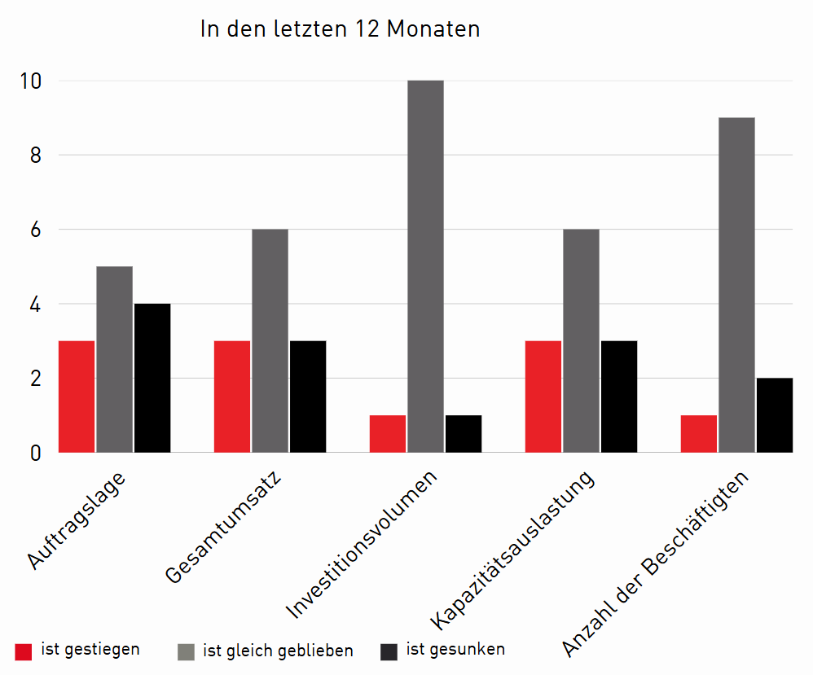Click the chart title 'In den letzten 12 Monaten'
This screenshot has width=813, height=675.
point(340,29)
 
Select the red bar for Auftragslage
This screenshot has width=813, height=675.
point(77,397)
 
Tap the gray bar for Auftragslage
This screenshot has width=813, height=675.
point(114,359)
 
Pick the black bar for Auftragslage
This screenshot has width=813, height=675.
point(152,378)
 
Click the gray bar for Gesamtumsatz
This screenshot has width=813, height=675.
point(270,340)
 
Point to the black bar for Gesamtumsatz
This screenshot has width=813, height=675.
point(308,397)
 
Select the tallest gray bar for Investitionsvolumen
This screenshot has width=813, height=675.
point(425,266)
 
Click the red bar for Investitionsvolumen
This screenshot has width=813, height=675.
point(388,434)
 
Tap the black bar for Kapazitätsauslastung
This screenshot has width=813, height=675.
point(619,397)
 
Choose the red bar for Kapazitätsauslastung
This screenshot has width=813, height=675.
point(543,397)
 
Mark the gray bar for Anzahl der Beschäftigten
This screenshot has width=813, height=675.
point(736,285)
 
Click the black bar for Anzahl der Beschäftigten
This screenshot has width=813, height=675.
point(775,415)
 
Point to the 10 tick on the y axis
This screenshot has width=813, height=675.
point(31,81)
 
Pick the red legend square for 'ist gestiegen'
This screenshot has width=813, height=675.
point(24,651)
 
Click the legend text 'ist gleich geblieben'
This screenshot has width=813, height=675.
point(278,651)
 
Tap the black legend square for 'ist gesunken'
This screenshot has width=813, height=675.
point(389,651)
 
